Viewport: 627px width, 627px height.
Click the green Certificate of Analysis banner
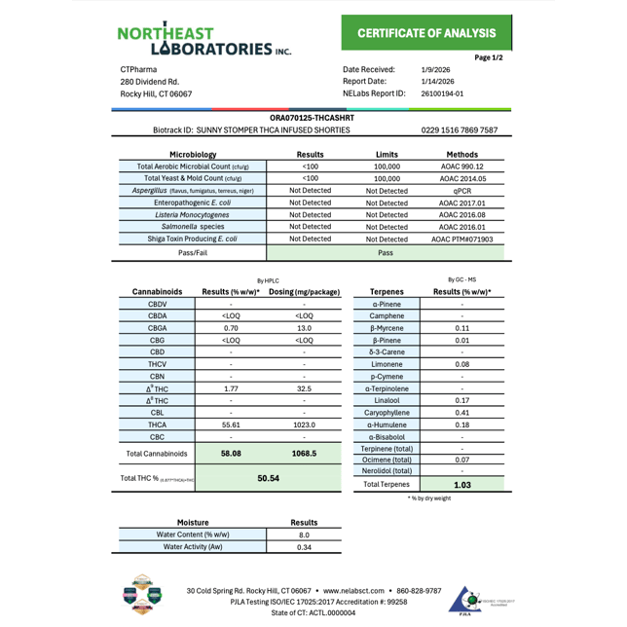426,33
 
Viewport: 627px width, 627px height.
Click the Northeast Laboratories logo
204,39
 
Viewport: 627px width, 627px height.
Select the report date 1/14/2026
438,82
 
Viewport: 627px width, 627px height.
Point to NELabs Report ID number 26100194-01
443,94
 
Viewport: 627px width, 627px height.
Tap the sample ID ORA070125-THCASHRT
312,118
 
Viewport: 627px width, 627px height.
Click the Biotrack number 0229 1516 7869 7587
460,129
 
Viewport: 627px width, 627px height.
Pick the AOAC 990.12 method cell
461,166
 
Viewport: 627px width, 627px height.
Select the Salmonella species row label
192,226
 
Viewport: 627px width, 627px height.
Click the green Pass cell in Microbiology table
386,252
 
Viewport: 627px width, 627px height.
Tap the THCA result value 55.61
231,424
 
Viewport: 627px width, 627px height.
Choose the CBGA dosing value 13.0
304,328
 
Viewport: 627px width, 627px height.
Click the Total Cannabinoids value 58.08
231,454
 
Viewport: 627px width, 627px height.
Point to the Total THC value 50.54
268,478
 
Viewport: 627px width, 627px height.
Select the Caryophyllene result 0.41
461,412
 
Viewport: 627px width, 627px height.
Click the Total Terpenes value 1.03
461,484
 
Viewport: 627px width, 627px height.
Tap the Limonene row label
387,364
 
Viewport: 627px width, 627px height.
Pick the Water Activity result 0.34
304,547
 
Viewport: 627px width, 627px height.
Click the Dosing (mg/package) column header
304,292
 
